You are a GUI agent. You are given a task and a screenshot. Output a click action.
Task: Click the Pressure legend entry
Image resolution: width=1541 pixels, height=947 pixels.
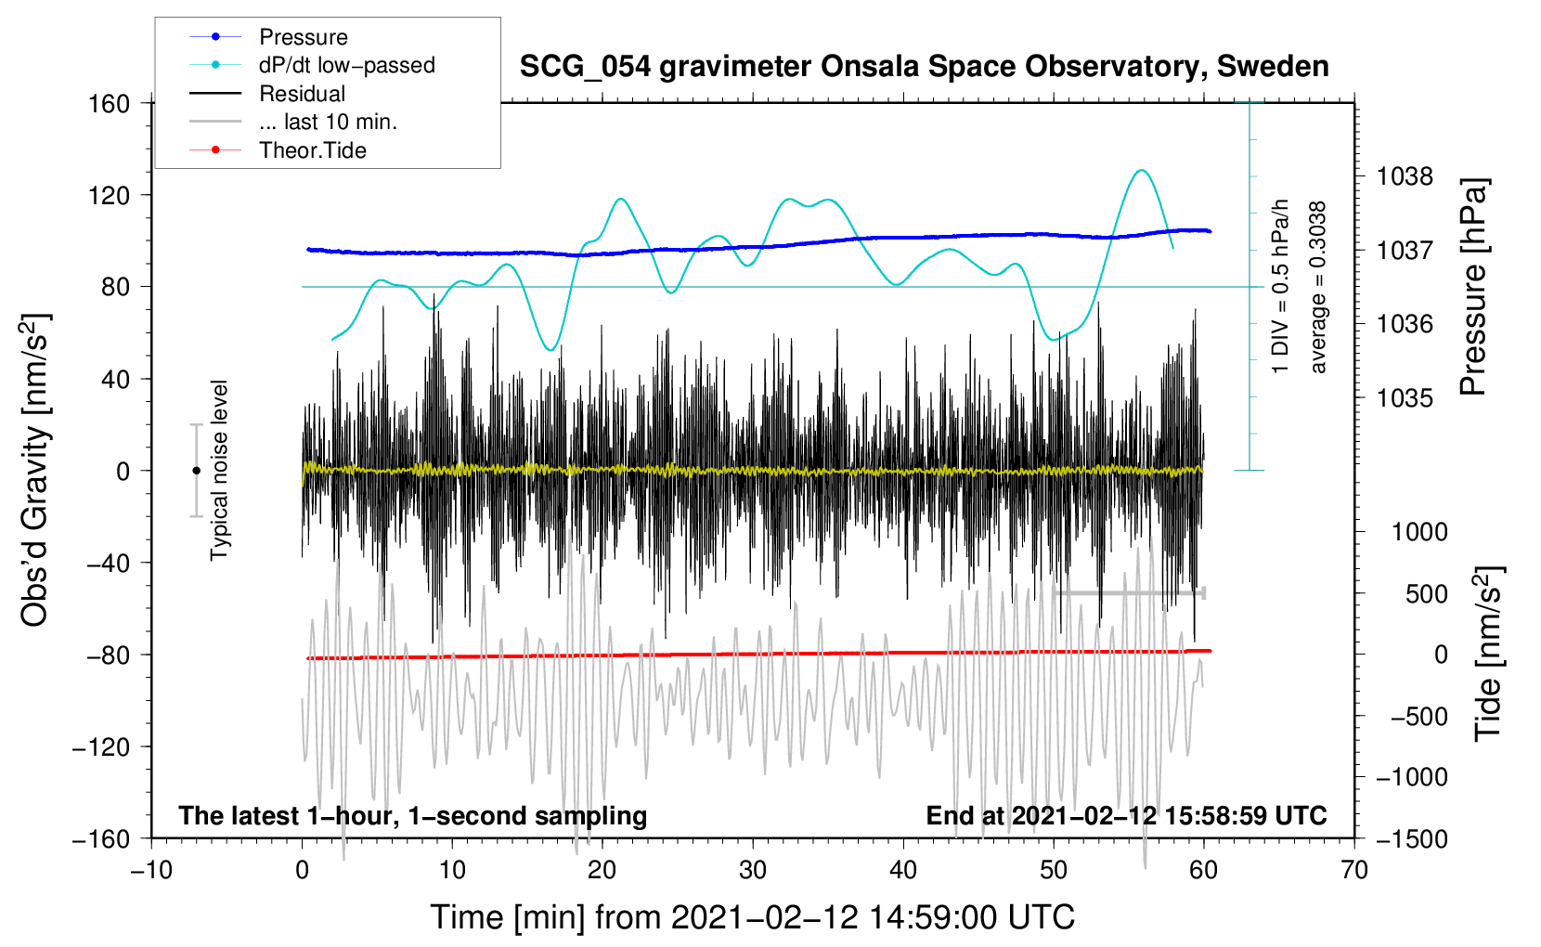tap(303, 37)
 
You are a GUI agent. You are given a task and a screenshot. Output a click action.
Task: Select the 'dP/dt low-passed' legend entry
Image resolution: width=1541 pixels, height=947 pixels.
tap(346, 65)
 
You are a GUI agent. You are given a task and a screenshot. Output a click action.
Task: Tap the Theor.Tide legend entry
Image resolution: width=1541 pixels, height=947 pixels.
tap(312, 150)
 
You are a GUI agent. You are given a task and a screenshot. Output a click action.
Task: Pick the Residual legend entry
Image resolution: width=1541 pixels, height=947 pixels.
tap(302, 94)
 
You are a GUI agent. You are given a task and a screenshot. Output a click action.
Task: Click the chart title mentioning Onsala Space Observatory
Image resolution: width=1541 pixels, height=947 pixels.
tap(924, 67)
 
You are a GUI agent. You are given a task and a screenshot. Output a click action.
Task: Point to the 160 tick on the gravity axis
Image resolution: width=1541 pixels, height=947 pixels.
tap(110, 103)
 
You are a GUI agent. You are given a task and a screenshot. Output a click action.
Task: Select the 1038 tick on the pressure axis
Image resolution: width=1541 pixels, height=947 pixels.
tap(1405, 176)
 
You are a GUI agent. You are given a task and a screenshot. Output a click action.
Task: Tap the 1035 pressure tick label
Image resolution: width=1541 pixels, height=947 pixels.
tap(1405, 397)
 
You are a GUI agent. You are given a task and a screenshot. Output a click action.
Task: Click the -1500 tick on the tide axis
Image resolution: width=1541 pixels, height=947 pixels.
tap(1412, 839)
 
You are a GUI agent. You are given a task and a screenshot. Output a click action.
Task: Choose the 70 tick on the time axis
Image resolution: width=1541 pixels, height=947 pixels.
tap(1354, 870)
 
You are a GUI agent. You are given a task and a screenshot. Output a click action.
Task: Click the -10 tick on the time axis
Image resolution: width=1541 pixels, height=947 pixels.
tap(151, 870)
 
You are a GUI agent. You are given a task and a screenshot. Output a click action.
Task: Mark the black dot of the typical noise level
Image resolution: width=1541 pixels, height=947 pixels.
tap(196, 471)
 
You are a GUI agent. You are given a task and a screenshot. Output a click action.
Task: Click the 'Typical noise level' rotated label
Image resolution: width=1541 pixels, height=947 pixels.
tap(219, 470)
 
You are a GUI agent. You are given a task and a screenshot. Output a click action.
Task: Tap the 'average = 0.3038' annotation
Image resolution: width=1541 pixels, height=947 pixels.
tap(1318, 288)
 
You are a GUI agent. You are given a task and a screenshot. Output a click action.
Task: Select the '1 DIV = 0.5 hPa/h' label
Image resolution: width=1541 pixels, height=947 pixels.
tap(1281, 286)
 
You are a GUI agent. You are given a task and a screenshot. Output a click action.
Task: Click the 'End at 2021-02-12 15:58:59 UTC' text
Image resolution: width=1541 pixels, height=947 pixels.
tap(1126, 816)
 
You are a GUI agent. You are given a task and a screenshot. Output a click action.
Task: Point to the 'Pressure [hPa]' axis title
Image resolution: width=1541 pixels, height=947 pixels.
tap(1473, 288)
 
